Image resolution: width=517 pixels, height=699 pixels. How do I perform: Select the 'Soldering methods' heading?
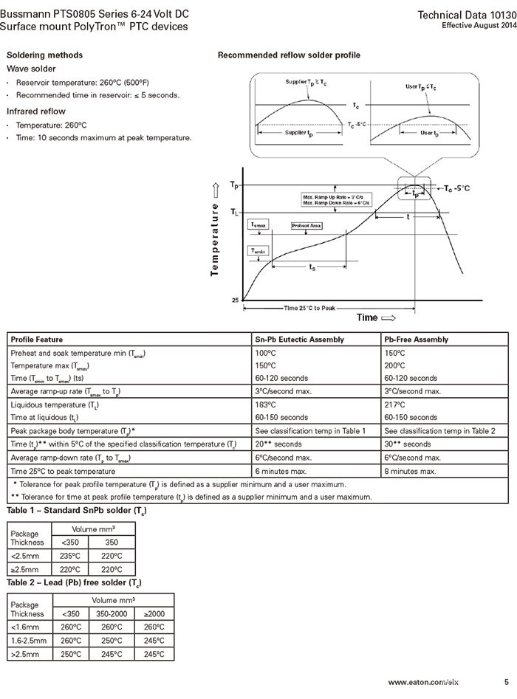(x=44, y=55)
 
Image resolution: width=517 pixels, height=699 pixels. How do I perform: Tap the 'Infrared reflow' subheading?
(x=36, y=111)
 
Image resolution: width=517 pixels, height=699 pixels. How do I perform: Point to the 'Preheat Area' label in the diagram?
(x=306, y=226)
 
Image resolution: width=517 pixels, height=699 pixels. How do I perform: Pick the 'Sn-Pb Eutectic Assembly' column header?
(x=299, y=340)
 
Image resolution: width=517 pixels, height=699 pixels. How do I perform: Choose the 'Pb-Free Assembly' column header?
(x=416, y=340)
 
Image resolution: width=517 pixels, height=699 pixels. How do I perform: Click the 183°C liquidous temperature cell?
(x=265, y=405)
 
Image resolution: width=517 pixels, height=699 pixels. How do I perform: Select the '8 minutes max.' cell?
(x=410, y=471)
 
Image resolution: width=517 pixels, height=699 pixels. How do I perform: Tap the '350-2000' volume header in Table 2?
(x=113, y=613)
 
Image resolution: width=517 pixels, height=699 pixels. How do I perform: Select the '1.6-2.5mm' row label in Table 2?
(x=29, y=641)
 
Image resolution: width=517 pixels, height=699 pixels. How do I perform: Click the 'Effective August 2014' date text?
(x=479, y=26)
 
